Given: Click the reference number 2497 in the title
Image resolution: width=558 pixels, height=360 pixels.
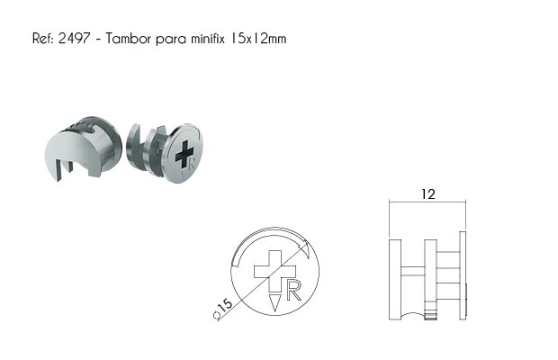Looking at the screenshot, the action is [x=74, y=38].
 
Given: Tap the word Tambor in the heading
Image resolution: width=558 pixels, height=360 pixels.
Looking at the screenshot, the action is [x=129, y=38].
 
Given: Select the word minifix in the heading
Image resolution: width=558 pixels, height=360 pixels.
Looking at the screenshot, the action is [x=208, y=38].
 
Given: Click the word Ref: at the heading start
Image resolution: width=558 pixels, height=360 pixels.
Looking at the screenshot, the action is [x=42, y=38].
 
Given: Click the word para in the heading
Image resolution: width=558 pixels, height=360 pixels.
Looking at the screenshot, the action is [x=171, y=39].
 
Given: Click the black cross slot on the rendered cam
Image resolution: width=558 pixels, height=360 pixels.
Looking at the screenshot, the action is [x=184, y=154].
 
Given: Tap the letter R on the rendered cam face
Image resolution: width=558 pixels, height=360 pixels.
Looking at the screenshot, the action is [x=192, y=165].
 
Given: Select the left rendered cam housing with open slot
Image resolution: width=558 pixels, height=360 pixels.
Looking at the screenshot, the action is [x=83, y=148].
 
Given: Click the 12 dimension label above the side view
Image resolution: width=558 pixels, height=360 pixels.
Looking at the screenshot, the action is [x=428, y=194].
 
